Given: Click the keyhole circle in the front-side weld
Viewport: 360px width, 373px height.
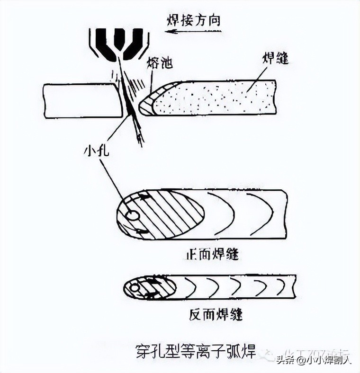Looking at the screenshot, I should coord(133,216).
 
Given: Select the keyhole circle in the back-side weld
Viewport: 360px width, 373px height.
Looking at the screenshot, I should coord(135,287).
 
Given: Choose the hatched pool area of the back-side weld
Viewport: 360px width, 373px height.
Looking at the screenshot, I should coord(156,287).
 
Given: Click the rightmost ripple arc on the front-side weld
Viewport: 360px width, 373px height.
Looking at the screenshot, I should coord(266,213).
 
